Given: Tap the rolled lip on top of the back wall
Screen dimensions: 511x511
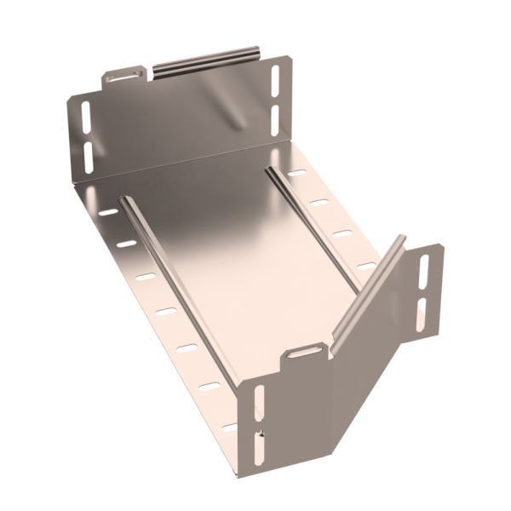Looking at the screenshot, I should [204, 61].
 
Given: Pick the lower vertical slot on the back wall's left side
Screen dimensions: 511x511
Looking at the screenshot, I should [88, 153].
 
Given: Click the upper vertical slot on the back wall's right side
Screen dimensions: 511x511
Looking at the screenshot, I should [275, 79].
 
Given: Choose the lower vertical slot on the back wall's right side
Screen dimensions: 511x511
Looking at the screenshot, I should [275, 115].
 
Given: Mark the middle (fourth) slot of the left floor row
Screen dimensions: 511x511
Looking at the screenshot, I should [165, 311].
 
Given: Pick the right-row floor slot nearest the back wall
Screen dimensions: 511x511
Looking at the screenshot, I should [297, 173].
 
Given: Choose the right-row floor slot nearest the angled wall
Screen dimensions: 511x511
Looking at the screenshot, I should [366, 266].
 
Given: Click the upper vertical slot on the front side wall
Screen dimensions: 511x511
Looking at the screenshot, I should [259, 402].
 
